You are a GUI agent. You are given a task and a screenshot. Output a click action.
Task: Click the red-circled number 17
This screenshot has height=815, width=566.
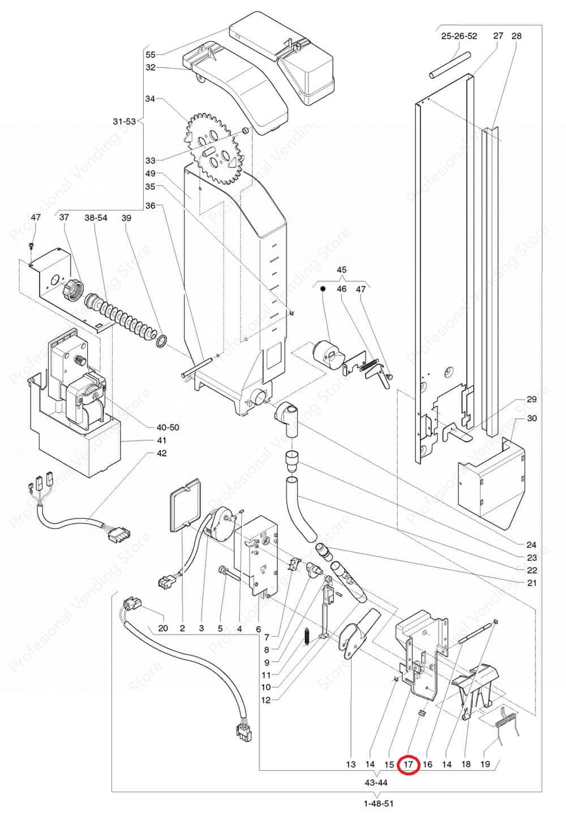(409, 765)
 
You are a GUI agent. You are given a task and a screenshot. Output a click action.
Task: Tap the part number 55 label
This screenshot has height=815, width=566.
(151, 55)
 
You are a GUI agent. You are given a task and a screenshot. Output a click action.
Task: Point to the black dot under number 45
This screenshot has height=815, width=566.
(323, 289)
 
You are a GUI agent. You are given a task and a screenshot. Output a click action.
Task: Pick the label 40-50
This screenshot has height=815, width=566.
(168, 427)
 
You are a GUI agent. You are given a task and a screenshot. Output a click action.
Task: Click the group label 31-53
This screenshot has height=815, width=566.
(124, 121)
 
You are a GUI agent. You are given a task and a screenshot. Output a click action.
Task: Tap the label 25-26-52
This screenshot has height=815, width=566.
(460, 36)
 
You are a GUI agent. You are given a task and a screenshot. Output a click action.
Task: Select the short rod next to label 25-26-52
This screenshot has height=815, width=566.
(449, 65)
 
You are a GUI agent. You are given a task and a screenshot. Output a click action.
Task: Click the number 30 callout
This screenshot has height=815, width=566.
(532, 418)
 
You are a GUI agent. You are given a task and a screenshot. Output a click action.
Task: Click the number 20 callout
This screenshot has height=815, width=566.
(163, 628)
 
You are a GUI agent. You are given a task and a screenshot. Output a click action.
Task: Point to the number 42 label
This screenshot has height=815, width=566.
(162, 453)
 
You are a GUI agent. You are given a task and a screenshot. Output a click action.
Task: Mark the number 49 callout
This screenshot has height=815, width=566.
(151, 174)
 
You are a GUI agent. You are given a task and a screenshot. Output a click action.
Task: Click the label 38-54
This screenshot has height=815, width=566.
(96, 218)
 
